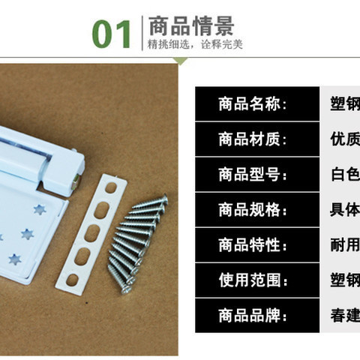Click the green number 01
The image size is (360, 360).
point(112,34)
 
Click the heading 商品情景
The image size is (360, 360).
point(191,25)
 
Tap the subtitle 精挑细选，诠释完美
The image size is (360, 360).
point(195,44)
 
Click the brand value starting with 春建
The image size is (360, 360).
point(345,316)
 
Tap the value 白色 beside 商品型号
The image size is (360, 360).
point(346,174)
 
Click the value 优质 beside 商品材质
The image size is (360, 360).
point(345,139)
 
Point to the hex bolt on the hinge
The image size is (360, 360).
point(76,181)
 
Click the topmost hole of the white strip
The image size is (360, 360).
point(111,187)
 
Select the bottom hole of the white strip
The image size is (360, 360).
point(72,280)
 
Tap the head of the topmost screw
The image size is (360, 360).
point(164,199)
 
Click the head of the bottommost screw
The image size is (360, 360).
point(126,289)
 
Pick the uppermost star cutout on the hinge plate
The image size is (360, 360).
point(40,209)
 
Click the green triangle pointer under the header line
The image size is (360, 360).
point(180,61)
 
